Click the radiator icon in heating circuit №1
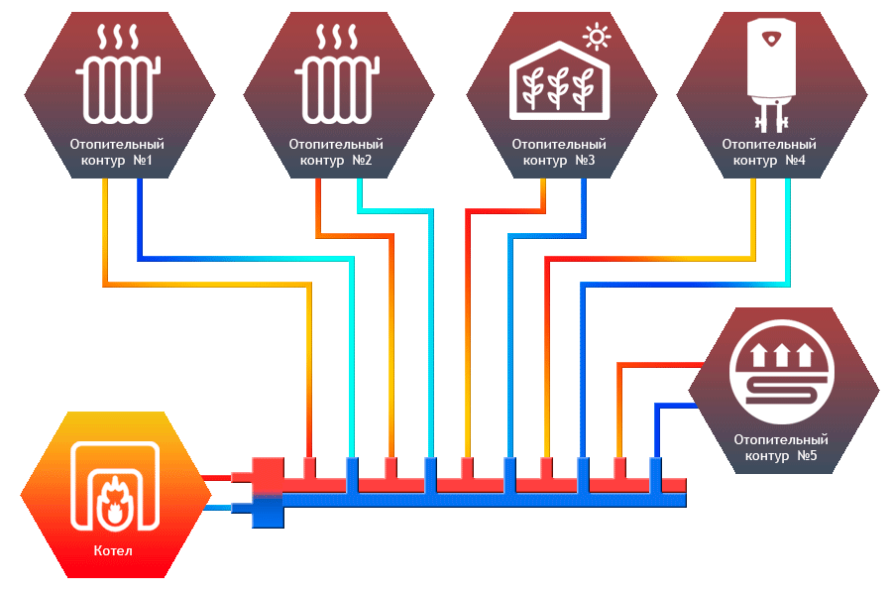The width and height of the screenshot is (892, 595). coord(118,73)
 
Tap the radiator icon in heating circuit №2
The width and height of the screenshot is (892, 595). coord(337,73)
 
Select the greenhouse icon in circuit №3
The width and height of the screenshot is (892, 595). coord(560,80)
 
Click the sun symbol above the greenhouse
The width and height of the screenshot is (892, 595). coord(597,37)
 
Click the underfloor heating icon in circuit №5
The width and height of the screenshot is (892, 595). coord(782,373)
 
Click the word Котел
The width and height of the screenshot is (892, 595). coord(113,550)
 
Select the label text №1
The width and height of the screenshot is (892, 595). coord(143,160)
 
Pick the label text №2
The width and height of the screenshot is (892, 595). coord(362,160)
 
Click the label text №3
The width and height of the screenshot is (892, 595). coord(585,160)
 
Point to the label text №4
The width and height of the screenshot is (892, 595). coord(795,160)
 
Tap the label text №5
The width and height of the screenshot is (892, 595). coord(807,455)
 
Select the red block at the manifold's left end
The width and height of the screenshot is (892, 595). coord(268,475)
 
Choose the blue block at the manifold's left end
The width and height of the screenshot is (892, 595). coord(268,511)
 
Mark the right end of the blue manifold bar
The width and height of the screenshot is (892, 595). coord(686,500)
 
